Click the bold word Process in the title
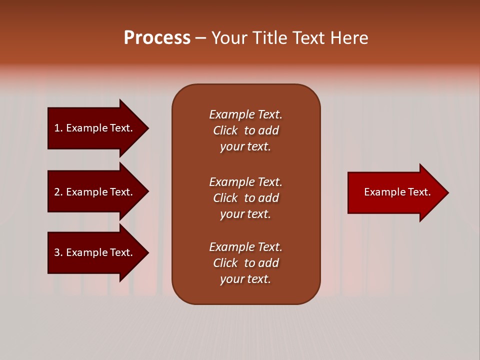157,38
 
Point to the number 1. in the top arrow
58,128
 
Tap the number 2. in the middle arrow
58,192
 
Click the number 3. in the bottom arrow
58,252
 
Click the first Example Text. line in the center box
245,114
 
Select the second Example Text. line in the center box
245,181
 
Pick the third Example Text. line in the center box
245,246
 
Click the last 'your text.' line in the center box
245,279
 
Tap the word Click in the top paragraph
225,130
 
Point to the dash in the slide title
200,38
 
